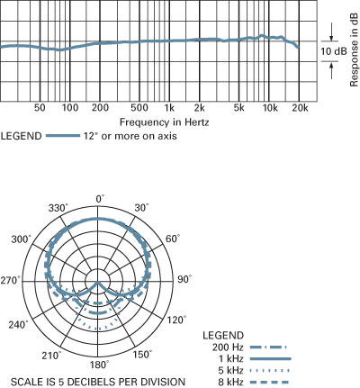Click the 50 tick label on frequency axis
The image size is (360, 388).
40,108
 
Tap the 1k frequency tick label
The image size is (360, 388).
169,108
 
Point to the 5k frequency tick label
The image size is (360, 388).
238,108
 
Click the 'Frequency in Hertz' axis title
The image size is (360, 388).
164,122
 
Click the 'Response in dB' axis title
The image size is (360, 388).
355,50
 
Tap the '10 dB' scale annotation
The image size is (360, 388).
334,51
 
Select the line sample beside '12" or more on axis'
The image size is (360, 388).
63,136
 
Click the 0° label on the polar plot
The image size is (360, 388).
100,199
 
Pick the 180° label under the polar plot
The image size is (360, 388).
100,365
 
